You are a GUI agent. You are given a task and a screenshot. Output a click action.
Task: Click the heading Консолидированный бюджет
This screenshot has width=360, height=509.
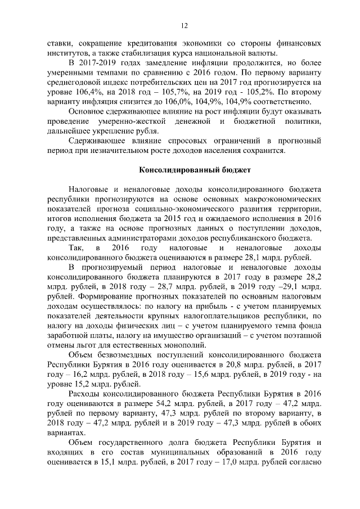[183, 169]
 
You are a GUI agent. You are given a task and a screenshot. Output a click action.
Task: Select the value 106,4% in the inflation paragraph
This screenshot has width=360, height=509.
[80, 92]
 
